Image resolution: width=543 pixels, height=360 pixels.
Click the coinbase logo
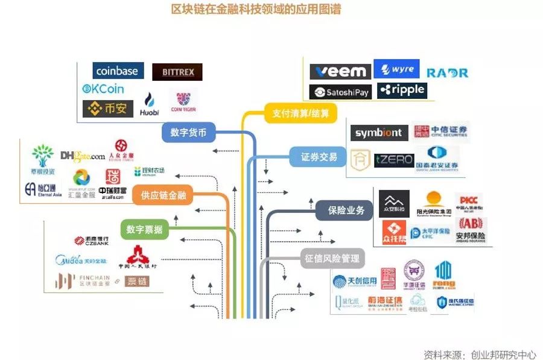(x=117, y=71)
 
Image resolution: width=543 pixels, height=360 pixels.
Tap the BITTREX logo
(x=177, y=72)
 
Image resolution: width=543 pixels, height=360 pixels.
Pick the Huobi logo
(x=150, y=104)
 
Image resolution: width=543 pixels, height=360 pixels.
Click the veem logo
(x=340, y=72)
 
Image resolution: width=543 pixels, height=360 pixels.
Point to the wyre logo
(x=396, y=69)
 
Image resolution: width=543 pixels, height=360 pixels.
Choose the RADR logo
(x=447, y=73)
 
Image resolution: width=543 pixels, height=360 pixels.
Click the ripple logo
(x=401, y=90)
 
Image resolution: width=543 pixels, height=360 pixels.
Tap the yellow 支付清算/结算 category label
(x=300, y=113)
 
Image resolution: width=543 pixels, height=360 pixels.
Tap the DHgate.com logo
(x=83, y=156)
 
